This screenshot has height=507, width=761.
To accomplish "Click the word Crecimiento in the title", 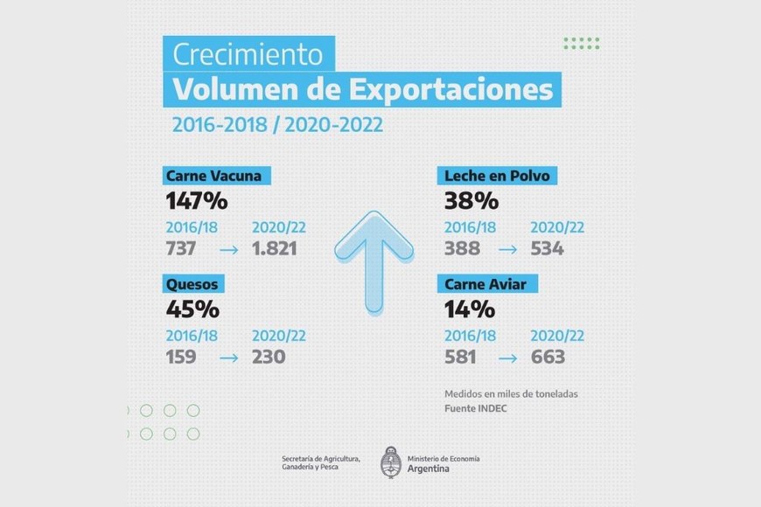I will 248,54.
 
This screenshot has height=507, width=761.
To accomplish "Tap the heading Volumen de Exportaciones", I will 362,89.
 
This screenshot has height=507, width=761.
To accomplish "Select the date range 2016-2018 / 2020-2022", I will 277,124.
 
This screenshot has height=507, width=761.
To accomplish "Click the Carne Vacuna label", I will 213,176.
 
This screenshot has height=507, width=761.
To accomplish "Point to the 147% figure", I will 197,201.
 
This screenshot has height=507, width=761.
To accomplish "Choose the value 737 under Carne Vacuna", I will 181,248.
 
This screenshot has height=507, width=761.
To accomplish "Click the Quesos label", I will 192,284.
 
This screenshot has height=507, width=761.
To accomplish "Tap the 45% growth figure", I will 192,309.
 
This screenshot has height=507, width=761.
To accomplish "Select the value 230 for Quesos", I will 269,357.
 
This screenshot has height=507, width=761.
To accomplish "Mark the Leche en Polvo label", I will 497,176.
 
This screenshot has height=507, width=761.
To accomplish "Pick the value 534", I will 548,248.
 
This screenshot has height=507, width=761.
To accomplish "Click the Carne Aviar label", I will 491,284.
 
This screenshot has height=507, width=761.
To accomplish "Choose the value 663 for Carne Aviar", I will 548,357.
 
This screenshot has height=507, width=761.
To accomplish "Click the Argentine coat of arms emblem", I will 391,462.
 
